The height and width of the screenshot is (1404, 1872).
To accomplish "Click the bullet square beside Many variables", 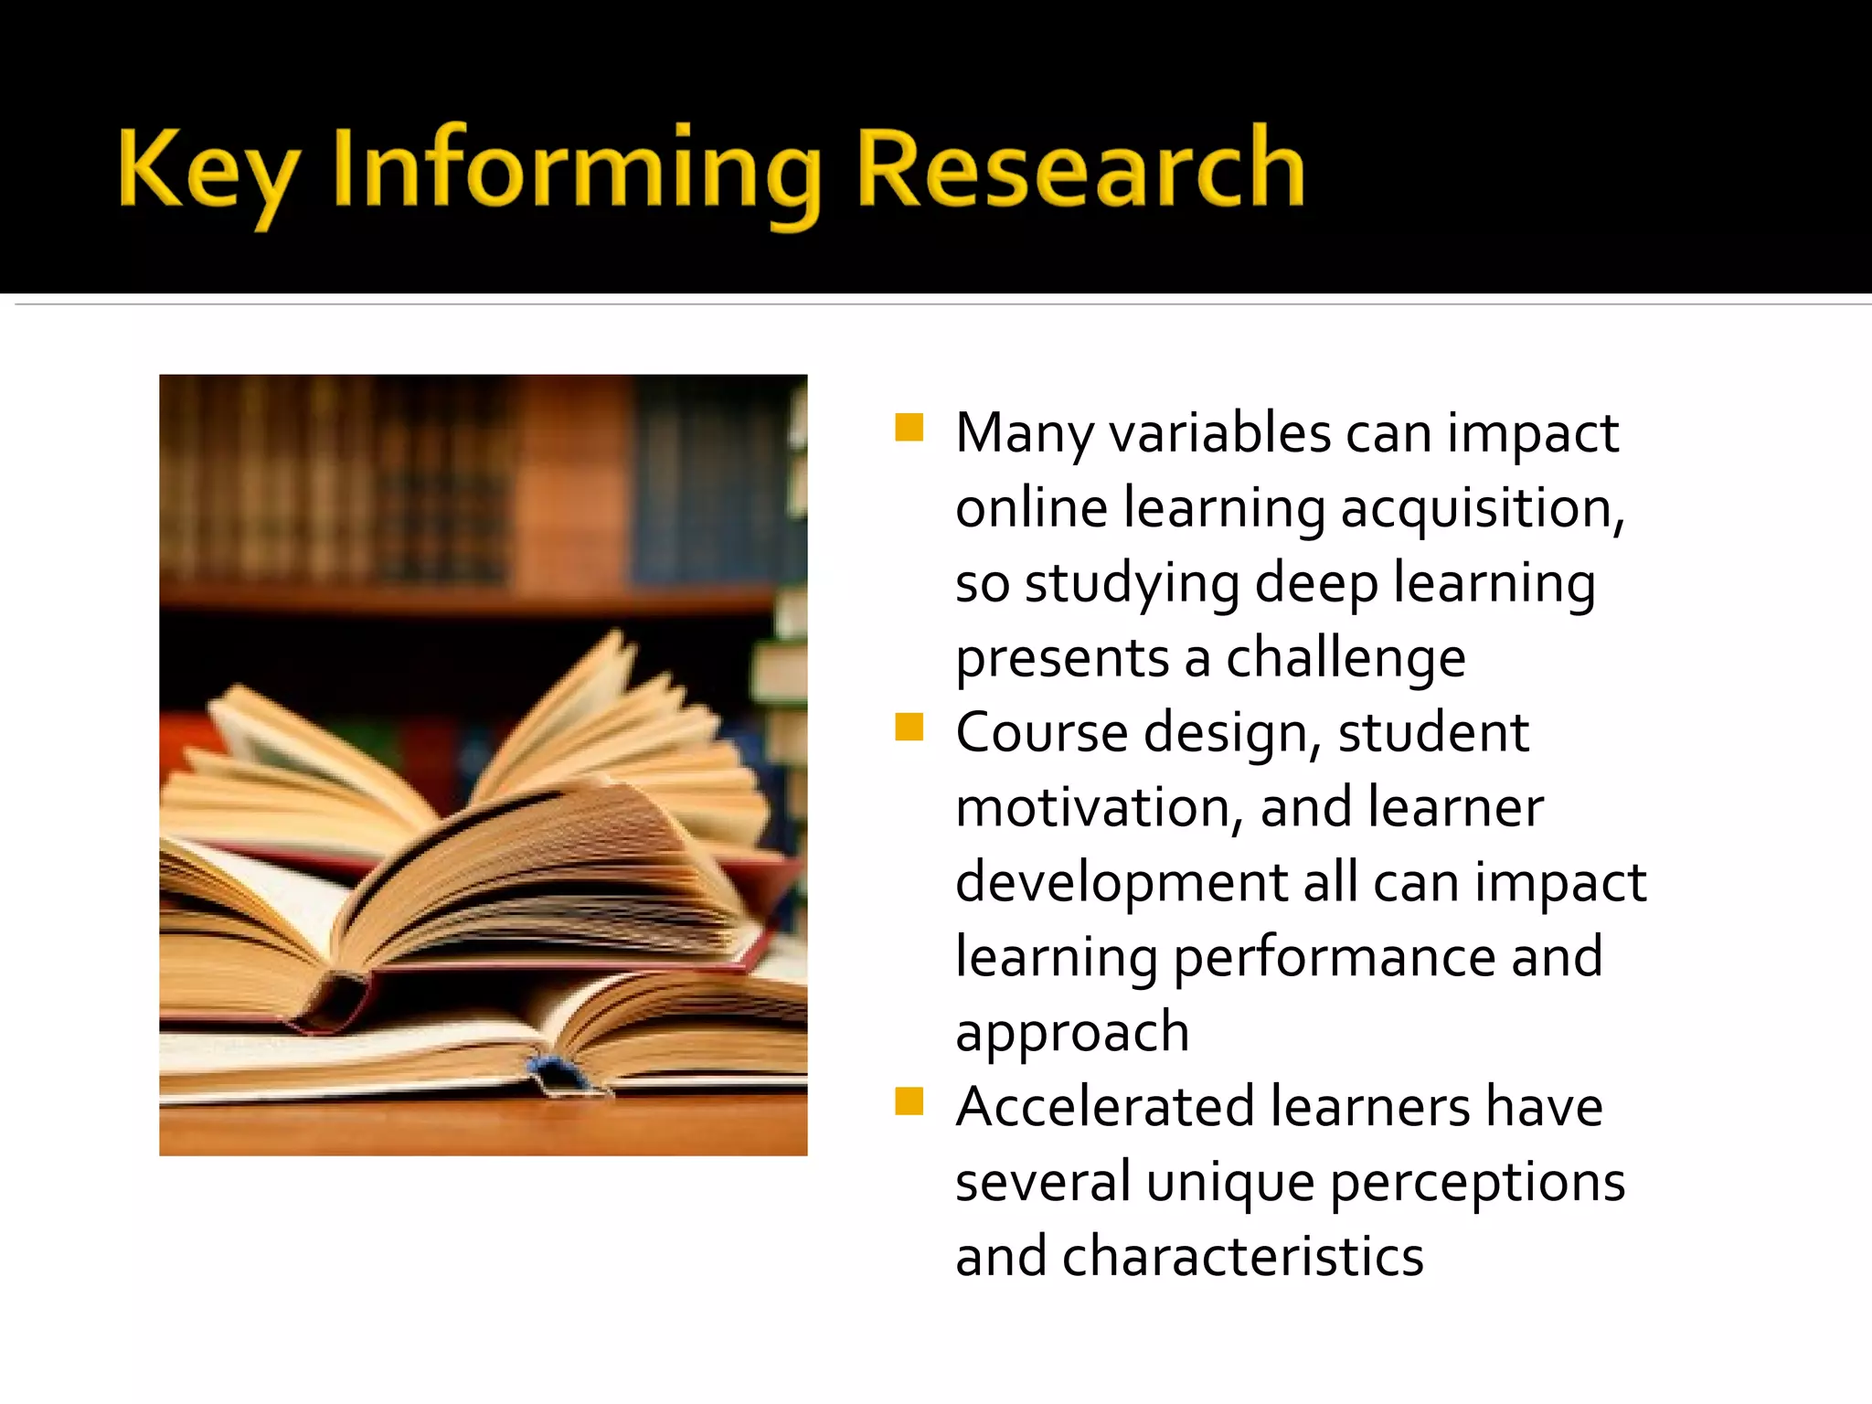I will point(909,428).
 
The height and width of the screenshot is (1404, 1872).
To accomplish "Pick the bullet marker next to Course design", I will point(909,728).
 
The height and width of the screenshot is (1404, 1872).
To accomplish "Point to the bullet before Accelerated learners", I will point(909,1101).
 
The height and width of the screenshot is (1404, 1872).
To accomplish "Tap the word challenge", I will point(1345,658).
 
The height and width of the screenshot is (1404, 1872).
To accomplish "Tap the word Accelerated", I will point(1104,1107).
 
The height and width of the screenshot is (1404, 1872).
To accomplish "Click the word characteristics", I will point(1242,1257).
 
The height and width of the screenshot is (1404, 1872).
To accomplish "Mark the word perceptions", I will point(1477,1184).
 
